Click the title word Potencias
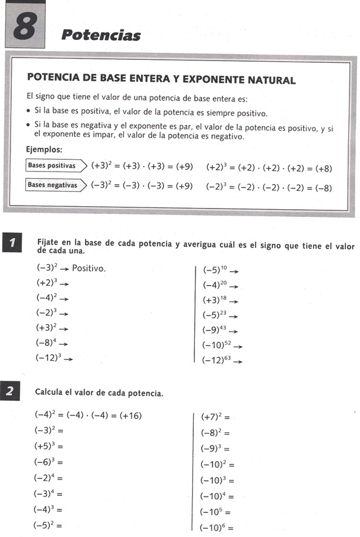click(101, 35)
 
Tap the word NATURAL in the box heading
click(270, 80)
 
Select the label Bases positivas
click(52, 166)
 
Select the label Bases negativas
click(53, 185)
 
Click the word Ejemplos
click(45, 149)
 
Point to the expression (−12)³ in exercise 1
click(49, 358)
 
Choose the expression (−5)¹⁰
click(215, 270)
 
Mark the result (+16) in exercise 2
click(130, 416)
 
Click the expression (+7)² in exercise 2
click(211, 417)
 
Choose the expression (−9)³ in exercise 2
click(211, 449)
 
